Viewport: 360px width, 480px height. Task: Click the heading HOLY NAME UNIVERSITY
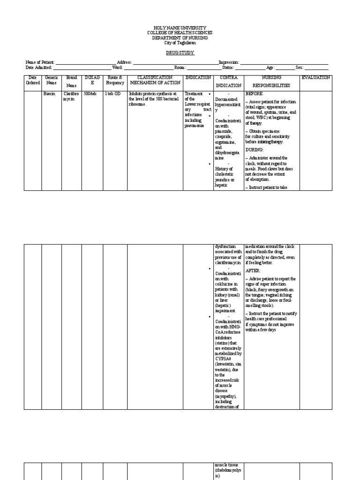tap(180, 28)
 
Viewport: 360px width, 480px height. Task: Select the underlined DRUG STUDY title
tap(180, 53)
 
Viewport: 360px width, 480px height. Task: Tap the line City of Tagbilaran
tap(180, 43)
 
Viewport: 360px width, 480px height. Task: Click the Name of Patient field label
tap(40, 62)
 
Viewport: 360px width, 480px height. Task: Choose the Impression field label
tap(229, 62)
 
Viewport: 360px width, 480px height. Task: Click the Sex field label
tap(300, 67)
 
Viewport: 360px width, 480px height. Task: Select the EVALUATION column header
tap(315, 77)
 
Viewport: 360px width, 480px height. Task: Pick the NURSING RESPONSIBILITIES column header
tap(271, 82)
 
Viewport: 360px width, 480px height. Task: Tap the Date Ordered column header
tap(32, 80)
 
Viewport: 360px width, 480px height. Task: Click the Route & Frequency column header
tap(115, 80)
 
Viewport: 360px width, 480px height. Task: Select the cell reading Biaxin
tap(49, 94)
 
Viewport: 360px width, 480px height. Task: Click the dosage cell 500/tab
tap(90, 94)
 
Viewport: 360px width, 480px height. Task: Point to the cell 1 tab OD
tap(112, 94)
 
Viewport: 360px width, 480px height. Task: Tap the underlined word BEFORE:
tap(255, 94)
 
